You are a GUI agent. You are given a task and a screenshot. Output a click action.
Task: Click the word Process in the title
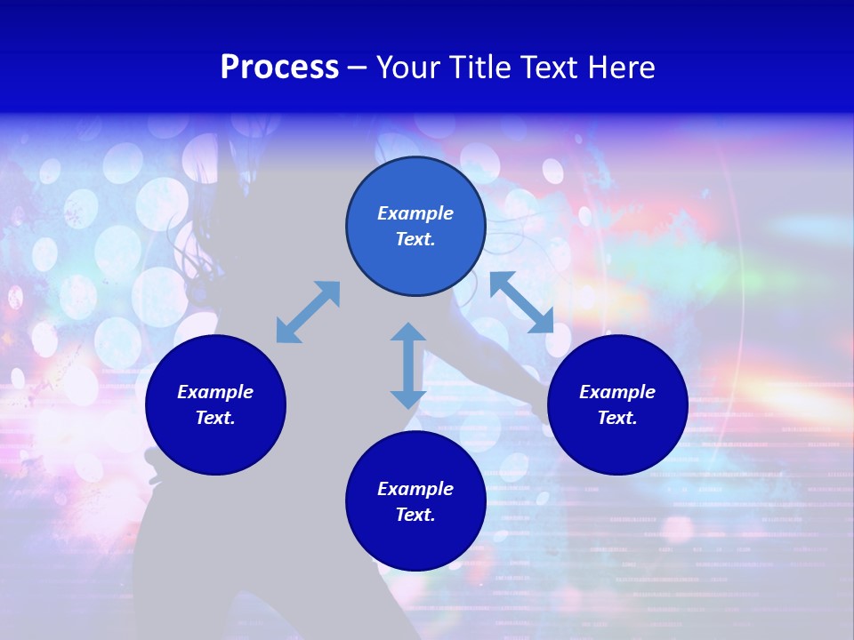pos(279,68)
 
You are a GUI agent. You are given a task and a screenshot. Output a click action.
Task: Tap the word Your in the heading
pos(410,68)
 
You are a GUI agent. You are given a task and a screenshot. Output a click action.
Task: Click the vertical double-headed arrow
pos(408,365)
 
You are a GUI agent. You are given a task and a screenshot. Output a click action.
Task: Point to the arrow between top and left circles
pos(308,312)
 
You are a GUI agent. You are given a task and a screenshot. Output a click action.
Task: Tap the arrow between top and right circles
pos(521,302)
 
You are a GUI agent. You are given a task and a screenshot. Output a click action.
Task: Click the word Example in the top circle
pos(415,213)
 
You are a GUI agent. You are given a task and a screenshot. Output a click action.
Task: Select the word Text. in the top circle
pos(415,239)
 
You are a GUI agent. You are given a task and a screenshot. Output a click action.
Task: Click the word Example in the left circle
pos(215,392)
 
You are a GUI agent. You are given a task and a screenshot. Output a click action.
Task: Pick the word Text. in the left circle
pos(215,418)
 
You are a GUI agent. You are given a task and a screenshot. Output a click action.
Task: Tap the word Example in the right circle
pos(617,392)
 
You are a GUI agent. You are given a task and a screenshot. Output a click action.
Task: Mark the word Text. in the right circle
pos(617,418)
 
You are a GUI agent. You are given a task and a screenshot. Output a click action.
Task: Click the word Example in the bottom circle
pos(415,489)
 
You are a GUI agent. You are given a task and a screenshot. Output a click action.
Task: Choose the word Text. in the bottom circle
pos(415,515)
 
